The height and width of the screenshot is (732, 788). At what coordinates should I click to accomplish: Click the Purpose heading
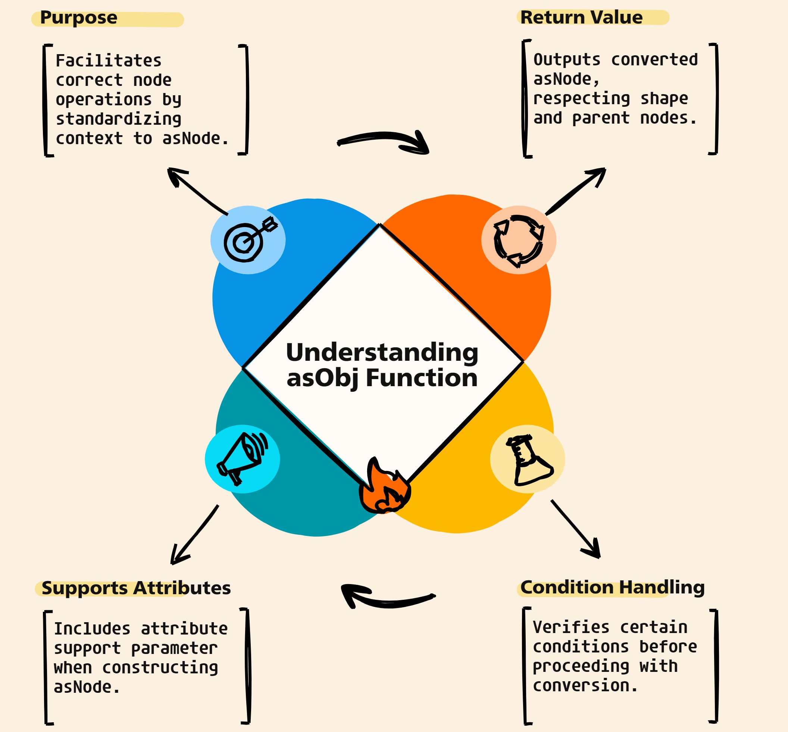pos(78,18)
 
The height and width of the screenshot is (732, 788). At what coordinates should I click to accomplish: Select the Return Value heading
pos(581,18)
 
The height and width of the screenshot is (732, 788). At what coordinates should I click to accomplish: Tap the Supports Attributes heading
pos(136,588)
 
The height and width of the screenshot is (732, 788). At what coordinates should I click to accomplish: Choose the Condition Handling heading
pos(612,587)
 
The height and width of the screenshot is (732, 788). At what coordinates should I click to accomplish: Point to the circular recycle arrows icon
pos(519,241)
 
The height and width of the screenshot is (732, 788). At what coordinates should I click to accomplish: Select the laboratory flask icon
pos(529,459)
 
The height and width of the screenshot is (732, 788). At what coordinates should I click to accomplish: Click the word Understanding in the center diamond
pos(382,352)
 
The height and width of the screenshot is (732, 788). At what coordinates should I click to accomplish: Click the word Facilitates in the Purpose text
pos(109,61)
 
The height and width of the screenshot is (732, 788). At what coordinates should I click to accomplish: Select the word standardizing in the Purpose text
pos(118,119)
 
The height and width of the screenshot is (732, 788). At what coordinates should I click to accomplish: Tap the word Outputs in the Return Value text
pos(567,60)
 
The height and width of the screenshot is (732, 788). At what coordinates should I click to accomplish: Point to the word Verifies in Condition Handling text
pos(570,627)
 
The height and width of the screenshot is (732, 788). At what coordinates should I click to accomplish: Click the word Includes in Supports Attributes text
pos(92,629)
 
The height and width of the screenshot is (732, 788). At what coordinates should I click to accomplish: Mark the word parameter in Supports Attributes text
pos(174,649)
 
